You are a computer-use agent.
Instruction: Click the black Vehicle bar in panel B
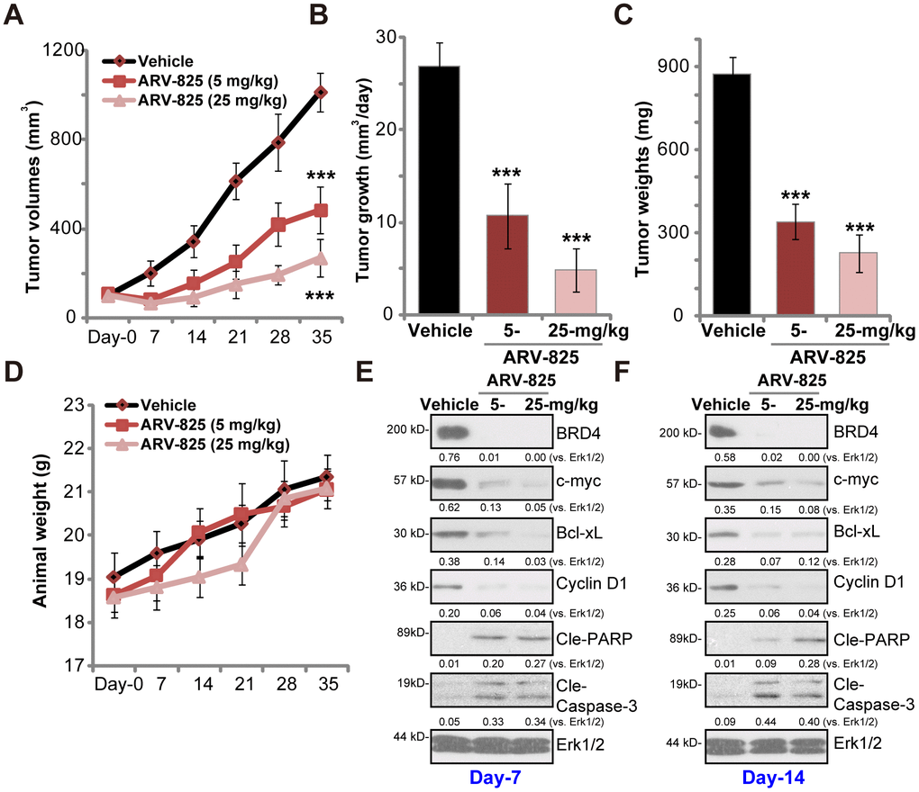click(439, 190)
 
